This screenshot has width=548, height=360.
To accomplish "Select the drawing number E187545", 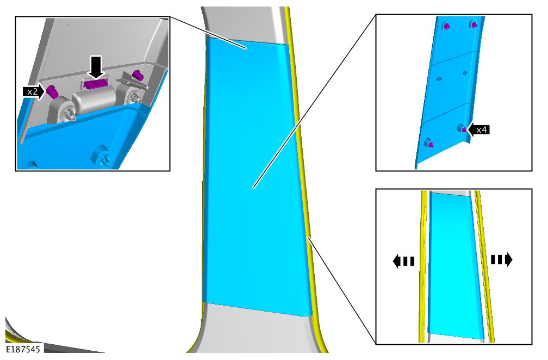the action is tap(23, 349).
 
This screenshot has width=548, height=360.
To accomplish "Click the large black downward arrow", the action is tap(96, 67).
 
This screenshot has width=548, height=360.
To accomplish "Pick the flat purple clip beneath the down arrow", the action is tap(95, 84).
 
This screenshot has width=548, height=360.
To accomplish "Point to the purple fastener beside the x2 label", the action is tap(52, 91).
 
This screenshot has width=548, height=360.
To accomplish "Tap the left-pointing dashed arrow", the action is tap(403, 261).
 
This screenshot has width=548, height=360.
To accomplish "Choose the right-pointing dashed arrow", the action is tap(501, 260).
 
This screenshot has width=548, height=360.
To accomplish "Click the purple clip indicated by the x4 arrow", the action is tap(464, 129).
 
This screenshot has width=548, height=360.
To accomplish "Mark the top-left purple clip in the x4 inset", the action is tap(447, 27).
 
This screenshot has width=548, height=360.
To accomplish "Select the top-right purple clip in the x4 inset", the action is tap(474, 25).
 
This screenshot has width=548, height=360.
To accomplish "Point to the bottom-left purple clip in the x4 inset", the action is tap(430, 144).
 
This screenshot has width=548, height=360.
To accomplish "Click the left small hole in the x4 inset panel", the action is tap(439, 79).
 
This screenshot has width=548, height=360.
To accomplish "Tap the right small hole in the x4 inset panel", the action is tap(464, 73).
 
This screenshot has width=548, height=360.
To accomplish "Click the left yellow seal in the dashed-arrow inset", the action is tap(424, 265).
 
